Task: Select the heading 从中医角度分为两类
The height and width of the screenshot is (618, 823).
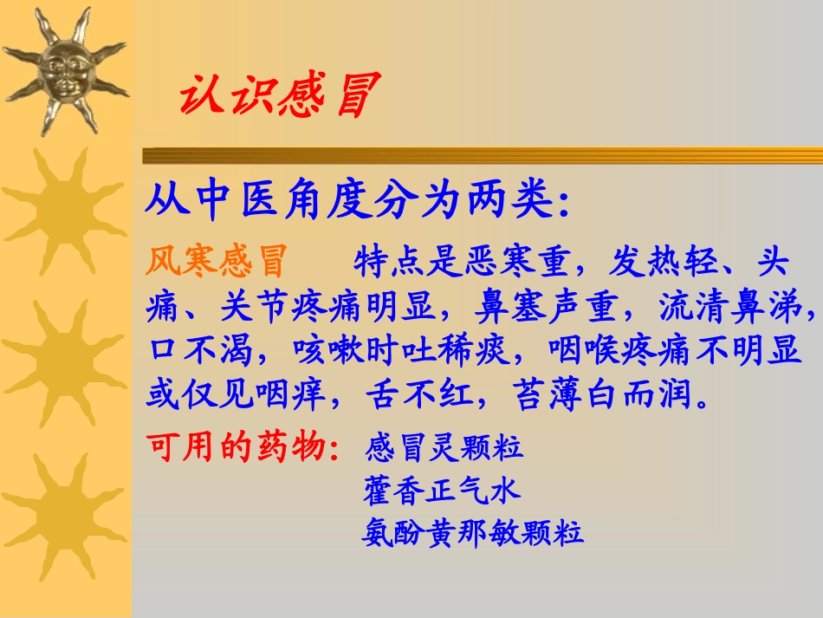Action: (x=357, y=202)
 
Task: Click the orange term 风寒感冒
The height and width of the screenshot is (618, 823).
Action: (x=217, y=260)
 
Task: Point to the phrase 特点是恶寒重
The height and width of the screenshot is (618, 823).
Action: (x=460, y=260)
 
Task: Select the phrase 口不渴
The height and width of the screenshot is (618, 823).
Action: (x=198, y=350)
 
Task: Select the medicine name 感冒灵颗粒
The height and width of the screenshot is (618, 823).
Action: (x=444, y=448)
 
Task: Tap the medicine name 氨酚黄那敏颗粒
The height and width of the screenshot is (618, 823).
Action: (x=473, y=532)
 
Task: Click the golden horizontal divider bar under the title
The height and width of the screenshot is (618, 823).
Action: (x=482, y=156)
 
